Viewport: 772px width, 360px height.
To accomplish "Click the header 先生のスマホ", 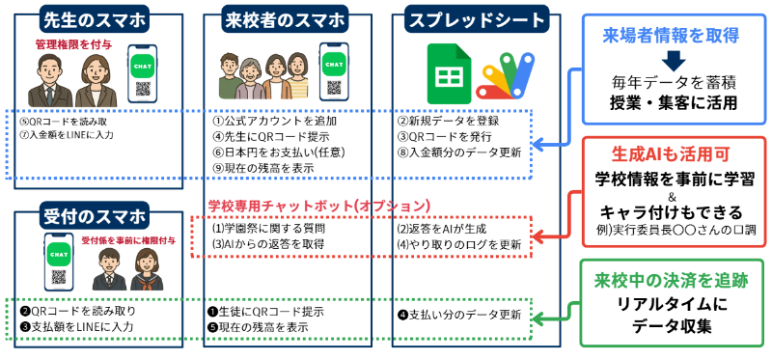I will (x=92, y=19).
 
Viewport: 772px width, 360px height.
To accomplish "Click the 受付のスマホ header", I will (x=93, y=214).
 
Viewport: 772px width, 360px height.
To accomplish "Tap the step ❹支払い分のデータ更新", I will (x=460, y=315).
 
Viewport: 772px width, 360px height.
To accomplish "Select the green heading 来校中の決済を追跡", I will (x=673, y=281).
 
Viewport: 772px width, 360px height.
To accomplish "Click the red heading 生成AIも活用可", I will (x=673, y=154).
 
